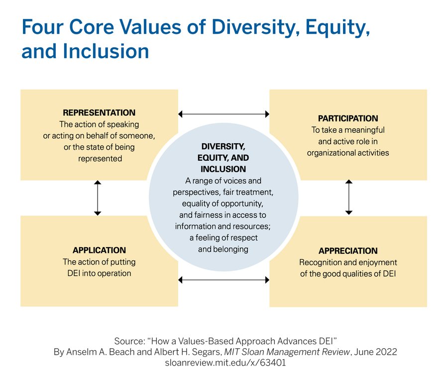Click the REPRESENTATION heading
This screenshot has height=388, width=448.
tap(99, 113)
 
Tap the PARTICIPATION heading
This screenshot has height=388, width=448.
tap(348, 118)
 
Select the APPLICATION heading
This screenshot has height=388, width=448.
tap(99, 250)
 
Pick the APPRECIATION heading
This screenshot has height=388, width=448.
tap(348, 251)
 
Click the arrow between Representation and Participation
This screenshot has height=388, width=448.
tap(224, 114)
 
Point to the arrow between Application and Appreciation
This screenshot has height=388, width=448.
tap(224, 280)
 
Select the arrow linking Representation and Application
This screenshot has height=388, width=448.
tap(98, 198)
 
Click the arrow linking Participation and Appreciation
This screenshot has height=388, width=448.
tap(348, 197)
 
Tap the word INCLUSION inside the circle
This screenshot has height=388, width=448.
tap(224, 169)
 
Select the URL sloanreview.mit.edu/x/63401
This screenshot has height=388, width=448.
tap(224, 363)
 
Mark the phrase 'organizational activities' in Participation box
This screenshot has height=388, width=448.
tap(348, 153)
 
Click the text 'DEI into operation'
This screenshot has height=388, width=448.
tap(99, 273)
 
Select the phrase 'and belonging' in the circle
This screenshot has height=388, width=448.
tap(223, 249)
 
